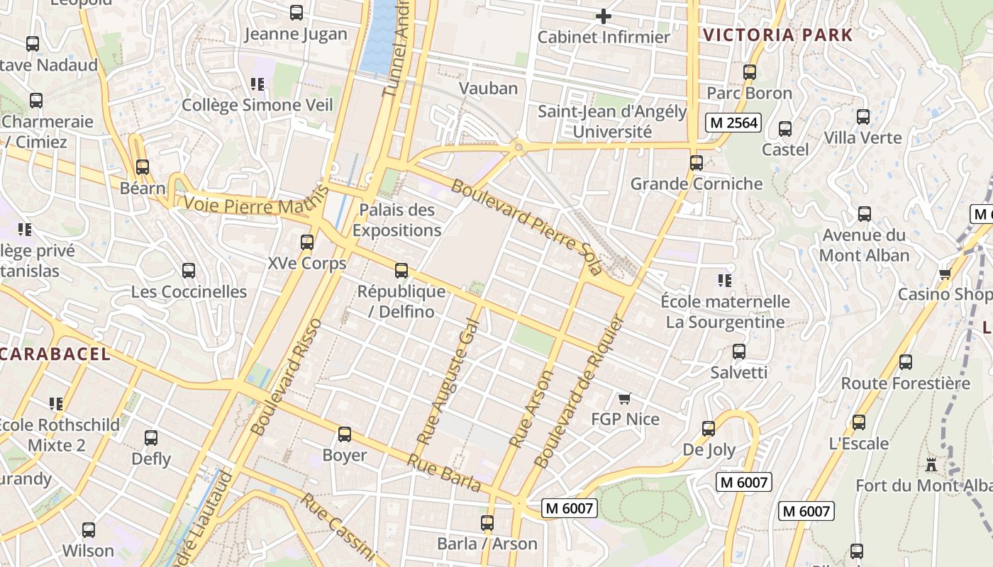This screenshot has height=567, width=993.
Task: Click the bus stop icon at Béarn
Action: click(143, 167)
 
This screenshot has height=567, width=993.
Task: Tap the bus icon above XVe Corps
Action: click(307, 242)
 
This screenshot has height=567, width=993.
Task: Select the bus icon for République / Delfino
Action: click(401, 271)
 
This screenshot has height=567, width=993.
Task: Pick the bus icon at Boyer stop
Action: click(345, 434)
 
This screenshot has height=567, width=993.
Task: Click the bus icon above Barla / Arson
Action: click(487, 524)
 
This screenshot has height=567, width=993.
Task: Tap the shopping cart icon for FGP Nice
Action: click(624, 399)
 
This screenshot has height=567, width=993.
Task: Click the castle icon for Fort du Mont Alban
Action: click(931, 465)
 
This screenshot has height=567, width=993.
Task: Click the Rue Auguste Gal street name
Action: click(449, 383)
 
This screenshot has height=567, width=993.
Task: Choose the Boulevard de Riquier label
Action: click(577, 392)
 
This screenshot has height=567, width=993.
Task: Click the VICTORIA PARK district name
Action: click(777, 35)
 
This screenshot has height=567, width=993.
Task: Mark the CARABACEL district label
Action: click(55, 354)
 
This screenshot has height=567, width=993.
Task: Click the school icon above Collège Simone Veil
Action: click(257, 85)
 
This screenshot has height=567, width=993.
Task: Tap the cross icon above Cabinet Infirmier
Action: click(604, 16)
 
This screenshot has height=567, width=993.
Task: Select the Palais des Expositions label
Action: click(396, 220)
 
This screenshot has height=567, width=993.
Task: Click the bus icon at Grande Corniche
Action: click(697, 163)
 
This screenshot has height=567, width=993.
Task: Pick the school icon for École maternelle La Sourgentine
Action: click(724, 281)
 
